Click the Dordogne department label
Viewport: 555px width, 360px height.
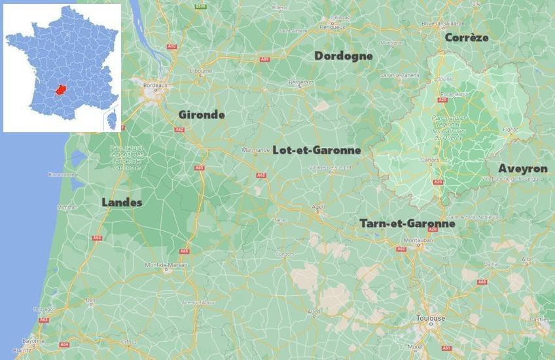coord(344,56)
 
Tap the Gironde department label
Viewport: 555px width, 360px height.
coord(202,115)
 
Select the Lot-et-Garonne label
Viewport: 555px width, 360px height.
coord(317,151)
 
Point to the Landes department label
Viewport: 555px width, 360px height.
coord(122,203)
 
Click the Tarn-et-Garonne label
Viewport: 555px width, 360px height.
coord(407,224)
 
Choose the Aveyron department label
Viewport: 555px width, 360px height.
coord(523,169)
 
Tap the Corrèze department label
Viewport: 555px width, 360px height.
coord(467,38)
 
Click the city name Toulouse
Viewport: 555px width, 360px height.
coord(431,318)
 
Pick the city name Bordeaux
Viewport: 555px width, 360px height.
coord(156,85)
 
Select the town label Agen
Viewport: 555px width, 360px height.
coord(319,207)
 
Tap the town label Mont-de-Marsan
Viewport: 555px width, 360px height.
coord(166,265)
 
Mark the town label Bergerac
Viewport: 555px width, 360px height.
coord(301,82)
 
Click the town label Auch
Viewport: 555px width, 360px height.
coord(314,311)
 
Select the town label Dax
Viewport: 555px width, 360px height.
coord(90,300)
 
